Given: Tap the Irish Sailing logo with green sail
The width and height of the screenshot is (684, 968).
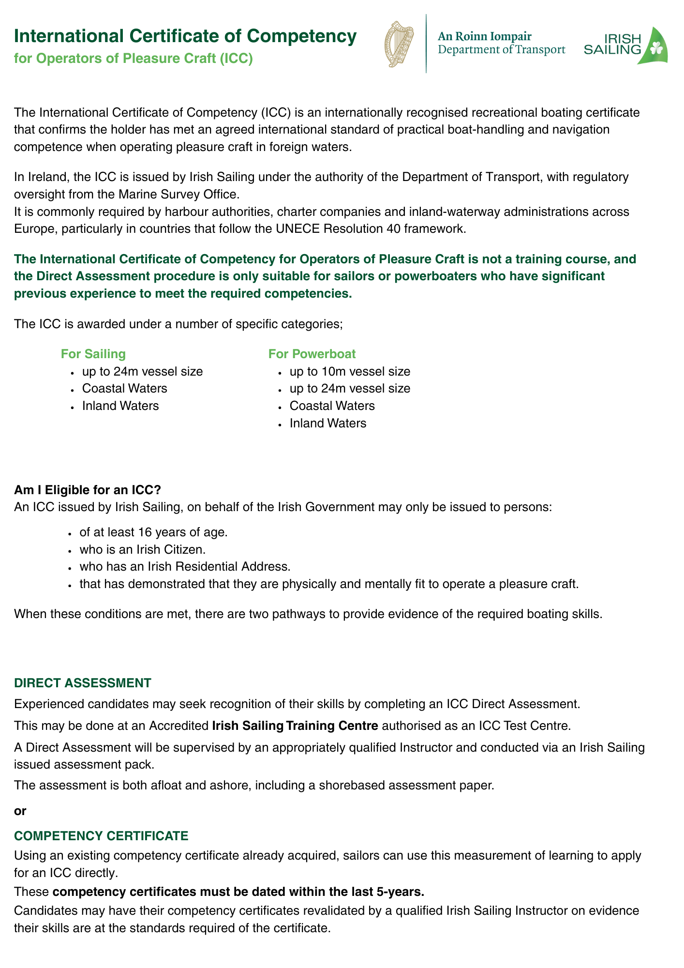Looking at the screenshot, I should click(x=626, y=45).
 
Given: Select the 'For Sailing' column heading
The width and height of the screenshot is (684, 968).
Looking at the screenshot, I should click(x=93, y=354).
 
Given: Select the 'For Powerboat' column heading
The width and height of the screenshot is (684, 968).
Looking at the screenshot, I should click(x=312, y=354).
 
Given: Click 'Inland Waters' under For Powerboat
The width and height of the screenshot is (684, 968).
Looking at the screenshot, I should click(x=328, y=423).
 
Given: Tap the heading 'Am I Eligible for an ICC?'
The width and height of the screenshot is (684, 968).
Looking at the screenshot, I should click(x=88, y=489).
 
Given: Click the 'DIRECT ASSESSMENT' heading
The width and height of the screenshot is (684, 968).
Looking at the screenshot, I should click(x=83, y=683).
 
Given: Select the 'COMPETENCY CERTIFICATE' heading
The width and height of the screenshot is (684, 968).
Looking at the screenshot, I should click(x=101, y=835).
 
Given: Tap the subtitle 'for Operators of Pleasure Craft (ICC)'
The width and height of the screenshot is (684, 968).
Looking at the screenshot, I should click(x=134, y=59).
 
